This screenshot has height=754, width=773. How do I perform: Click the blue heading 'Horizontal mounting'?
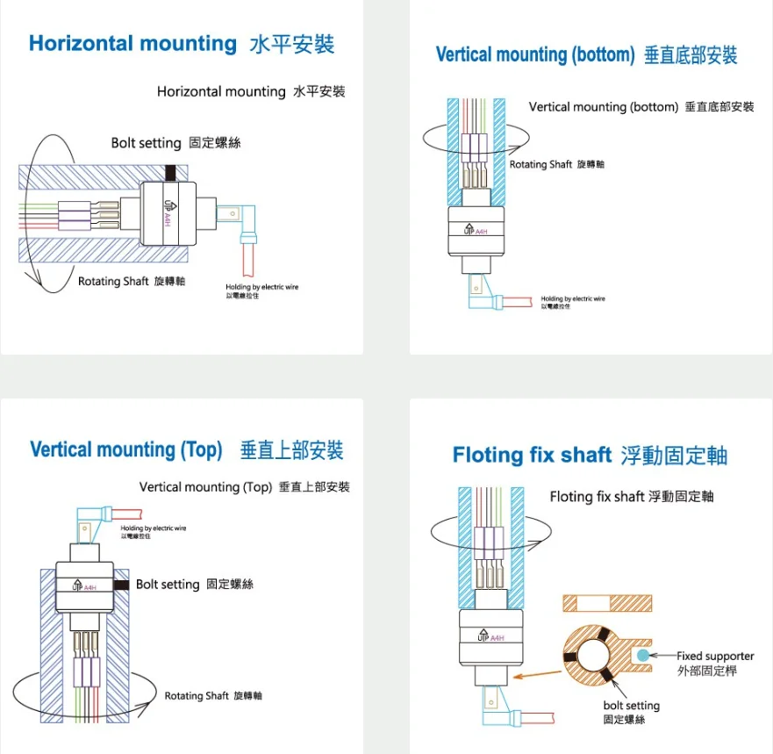click(132, 44)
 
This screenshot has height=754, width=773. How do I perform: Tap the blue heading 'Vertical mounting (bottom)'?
click(534, 54)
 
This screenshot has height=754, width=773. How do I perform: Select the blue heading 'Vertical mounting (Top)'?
click(125, 449)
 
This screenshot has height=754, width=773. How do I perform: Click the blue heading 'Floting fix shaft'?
click(531, 455)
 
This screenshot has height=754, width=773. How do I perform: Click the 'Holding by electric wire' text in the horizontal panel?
click(261, 287)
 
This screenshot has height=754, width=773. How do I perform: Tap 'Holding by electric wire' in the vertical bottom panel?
click(572, 299)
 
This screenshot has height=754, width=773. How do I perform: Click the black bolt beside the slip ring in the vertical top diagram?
click(121, 584)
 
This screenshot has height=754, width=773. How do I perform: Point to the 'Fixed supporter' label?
click(715, 656)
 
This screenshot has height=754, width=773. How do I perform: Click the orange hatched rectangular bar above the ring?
click(607, 603)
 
